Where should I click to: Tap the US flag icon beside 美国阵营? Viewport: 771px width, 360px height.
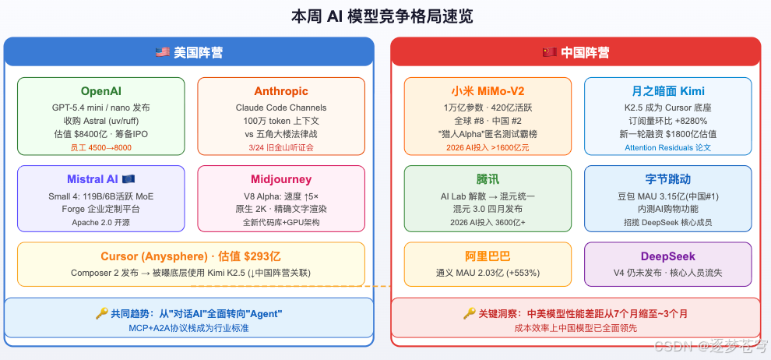[x=162, y=53]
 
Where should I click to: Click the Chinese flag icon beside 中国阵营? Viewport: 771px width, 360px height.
[x=549, y=53]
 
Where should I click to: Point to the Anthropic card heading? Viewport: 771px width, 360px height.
[x=281, y=91]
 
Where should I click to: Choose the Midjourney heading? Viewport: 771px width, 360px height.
[x=281, y=179]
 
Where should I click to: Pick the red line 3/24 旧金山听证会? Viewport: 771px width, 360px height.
[x=281, y=147]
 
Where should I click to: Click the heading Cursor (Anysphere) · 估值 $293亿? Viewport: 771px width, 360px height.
[x=191, y=256]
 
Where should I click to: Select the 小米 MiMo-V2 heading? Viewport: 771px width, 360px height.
[x=488, y=91]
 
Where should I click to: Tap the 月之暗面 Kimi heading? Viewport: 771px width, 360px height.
[x=668, y=91]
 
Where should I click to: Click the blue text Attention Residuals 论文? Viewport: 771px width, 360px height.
[x=668, y=147]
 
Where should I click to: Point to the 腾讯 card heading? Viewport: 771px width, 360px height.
[x=488, y=179]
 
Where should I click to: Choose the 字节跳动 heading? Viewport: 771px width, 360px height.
[x=668, y=179]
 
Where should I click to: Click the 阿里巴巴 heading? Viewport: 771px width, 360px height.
[x=488, y=256]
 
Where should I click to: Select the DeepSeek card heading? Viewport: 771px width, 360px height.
[x=668, y=256]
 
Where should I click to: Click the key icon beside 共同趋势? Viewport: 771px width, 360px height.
[x=101, y=313]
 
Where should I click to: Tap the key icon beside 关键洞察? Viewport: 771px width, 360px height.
[x=470, y=313]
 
